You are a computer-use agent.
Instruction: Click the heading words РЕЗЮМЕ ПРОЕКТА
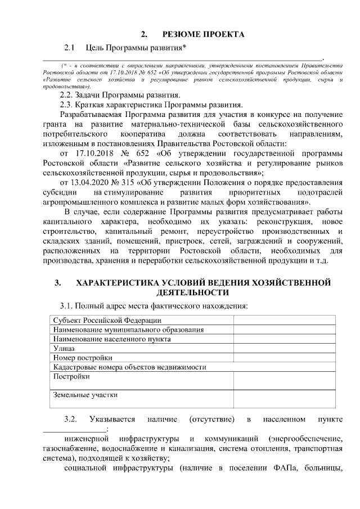tap(204, 35)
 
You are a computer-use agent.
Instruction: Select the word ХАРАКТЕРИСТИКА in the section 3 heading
tap(120, 283)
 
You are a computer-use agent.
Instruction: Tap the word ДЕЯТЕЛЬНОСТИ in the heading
tap(192, 293)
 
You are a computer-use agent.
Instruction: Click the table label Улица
tap(63, 349)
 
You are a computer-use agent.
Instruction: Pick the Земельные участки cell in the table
tap(85, 395)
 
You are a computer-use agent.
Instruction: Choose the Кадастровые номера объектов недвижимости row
tap(129, 367)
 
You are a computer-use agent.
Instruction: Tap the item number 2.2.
tap(67, 94)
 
